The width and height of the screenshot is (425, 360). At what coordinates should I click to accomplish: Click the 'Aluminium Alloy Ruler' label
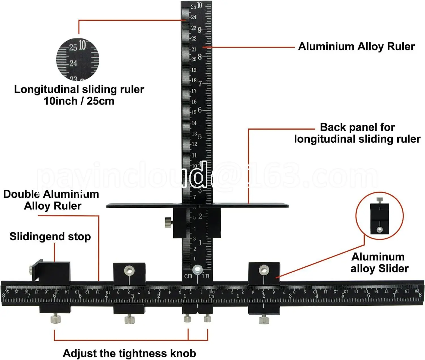coord(356,46)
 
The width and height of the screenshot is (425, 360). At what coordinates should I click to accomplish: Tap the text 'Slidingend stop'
coord(50,236)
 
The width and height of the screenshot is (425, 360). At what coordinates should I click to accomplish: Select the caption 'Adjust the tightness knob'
coord(129,353)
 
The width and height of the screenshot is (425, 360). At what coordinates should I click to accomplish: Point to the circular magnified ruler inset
coord(78,59)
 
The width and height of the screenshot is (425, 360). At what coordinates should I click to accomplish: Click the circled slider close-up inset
coord(379,216)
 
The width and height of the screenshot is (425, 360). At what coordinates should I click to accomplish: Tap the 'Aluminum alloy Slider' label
coord(379,262)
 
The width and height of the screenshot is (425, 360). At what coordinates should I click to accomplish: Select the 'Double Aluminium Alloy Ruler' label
coord(51,200)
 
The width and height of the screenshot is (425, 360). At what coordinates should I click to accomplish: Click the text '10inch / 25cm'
coord(79,101)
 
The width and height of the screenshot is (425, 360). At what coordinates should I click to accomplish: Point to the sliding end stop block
coord(54,272)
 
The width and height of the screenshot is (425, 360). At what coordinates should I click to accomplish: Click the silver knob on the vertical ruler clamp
coord(168,222)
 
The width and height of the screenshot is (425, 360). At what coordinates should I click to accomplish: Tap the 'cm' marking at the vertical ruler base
coord(188,276)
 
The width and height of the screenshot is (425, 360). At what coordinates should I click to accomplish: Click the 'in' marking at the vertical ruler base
coord(205,276)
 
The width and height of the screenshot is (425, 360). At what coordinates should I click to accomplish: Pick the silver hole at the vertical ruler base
coord(197,269)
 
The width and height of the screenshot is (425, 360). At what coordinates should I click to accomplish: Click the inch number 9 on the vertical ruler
coord(200,30)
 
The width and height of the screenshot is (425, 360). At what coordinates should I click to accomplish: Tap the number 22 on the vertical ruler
coord(194,38)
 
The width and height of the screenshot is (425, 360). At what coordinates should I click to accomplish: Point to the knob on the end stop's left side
coord(30,270)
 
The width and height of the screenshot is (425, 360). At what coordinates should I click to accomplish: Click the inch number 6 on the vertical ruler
coord(200,110)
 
